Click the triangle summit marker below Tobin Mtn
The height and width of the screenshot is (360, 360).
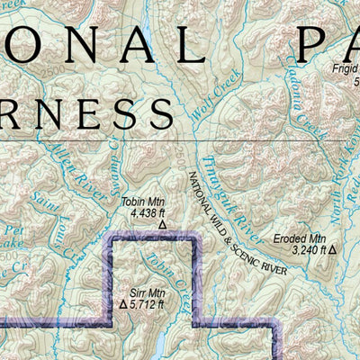coord(163,226)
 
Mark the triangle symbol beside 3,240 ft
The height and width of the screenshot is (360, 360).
coord(332,248)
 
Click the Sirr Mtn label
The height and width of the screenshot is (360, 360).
coord(148,292)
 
